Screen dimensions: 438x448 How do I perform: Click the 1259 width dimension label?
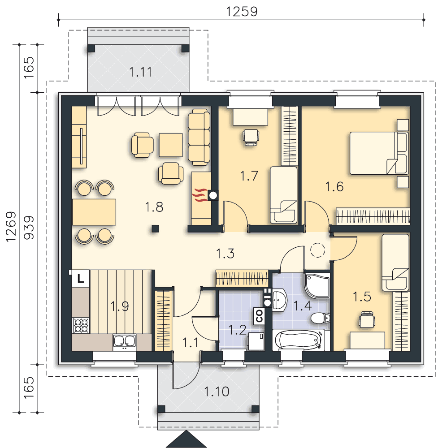(x=242, y=12)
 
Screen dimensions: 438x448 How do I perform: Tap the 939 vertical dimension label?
(x=29, y=228)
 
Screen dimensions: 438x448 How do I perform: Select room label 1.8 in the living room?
(x=154, y=207)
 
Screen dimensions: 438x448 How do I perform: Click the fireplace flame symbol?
(x=199, y=195)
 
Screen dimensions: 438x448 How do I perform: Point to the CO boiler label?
(x=259, y=316)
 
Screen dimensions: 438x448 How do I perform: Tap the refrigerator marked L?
(x=80, y=278)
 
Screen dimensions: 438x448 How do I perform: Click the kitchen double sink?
(x=124, y=341)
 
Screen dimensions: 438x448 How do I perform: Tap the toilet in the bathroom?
(x=320, y=318)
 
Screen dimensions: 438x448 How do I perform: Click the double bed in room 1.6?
(x=379, y=153)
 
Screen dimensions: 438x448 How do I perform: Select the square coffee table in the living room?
(x=171, y=145)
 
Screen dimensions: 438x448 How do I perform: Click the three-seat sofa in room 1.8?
(x=199, y=137)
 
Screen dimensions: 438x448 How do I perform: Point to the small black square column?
(x=155, y=228)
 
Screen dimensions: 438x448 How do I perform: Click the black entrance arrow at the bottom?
(x=186, y=439)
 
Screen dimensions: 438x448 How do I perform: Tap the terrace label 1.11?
(x=140, y=72)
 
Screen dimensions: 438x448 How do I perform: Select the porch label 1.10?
(x=217, y=392)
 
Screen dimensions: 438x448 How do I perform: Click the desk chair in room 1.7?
(x=251, y=137)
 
